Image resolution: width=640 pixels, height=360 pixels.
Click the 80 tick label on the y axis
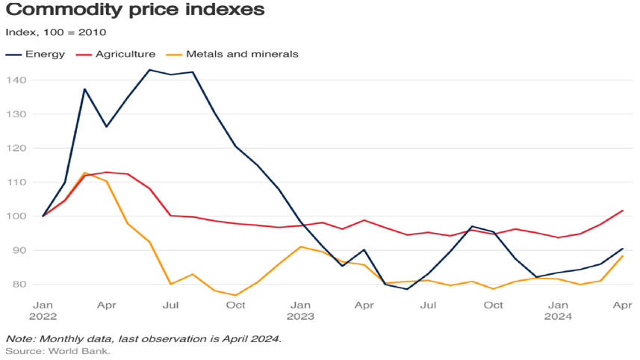pyautogui.click(x=19, y=284)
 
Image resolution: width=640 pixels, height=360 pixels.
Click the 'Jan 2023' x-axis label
pyautogui.click(x=300, y=311)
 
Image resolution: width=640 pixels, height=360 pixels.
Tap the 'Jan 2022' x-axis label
pyautogui.click(x=43, y=311)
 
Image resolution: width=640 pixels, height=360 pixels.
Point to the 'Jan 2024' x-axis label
pyautogui.click(x=557, y=311)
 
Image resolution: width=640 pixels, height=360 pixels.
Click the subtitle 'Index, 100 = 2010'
pyautogui.click(x=55, y=32)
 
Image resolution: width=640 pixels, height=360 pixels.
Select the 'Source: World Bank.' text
pyautogui.click(x=58, y=350)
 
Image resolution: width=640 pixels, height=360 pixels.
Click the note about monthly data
pyautogui.click(x=143, y=338)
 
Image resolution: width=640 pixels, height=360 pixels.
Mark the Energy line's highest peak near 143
pyautogui.click(x=149, y=70)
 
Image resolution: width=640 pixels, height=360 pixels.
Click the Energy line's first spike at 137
pyautogui.click(x=84, y=89)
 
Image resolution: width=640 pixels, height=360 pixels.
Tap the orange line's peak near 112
pyautogui.click(x=84, y=173)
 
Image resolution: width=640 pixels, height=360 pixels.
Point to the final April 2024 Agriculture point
pyautogui.click(x=622, y=211)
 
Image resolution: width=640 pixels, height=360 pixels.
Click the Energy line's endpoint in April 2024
pyautogui.click(x=622, y=249)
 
